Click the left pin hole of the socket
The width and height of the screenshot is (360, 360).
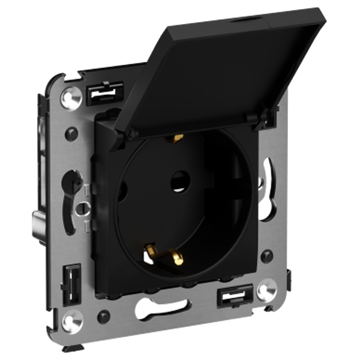click(x=122, y=191)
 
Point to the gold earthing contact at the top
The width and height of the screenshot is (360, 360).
click(x=176, y=139)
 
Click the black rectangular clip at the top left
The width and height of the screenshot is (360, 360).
click(x=104, y=94)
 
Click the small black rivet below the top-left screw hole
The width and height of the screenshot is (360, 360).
click(x=71, y=134)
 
